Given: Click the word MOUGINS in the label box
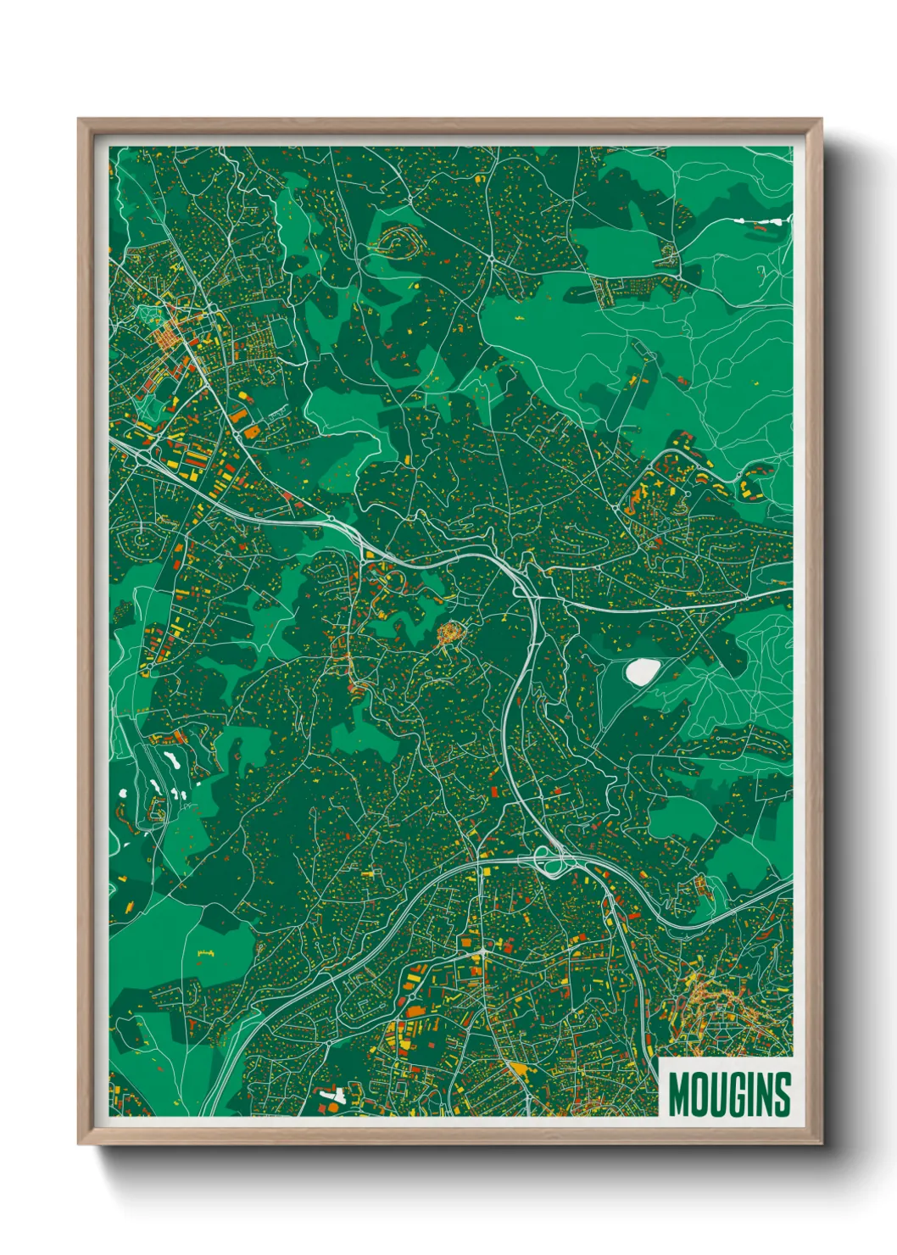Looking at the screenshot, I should pyautogui.click(x=729, y=1094).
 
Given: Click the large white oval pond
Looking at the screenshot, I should pyautogui.click(x=641, y=672).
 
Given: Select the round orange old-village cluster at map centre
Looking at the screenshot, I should pyautogui.click(x=450, y=633).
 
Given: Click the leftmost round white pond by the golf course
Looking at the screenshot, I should pyautogui.click(x=124, y=794).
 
